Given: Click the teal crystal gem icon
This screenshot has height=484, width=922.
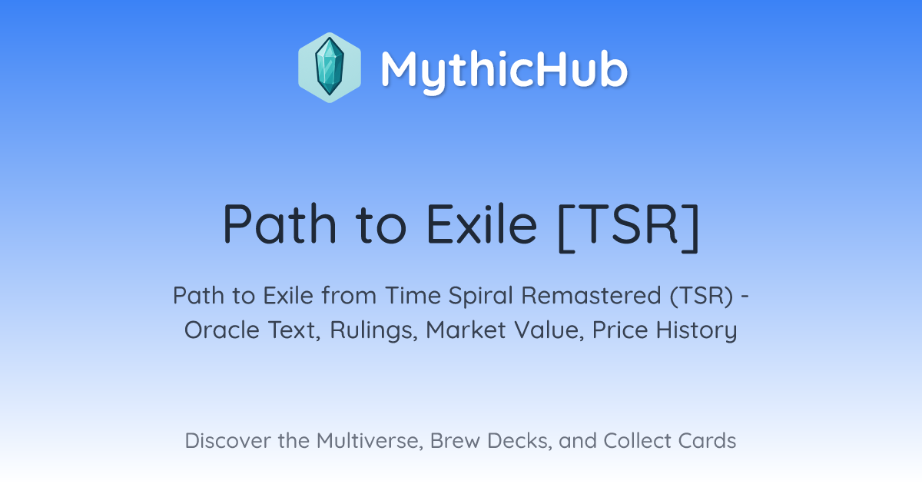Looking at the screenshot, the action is (x=330, y=67).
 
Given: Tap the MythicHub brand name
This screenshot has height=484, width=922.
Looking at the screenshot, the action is (x=504, y=70).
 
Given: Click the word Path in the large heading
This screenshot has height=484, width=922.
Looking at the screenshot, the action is (x=280, y=224).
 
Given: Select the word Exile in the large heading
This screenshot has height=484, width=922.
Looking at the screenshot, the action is (x=482, y=224).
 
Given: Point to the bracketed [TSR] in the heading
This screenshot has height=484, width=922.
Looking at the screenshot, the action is (x=628, y=227).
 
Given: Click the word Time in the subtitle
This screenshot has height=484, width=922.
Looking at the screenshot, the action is (x=413, y=296).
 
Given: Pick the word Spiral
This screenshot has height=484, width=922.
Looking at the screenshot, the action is (x=481, y=297).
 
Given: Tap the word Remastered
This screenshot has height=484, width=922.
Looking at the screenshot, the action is (x=591, y=296).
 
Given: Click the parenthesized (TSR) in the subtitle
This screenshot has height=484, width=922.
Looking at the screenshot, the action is (x=701, y=297).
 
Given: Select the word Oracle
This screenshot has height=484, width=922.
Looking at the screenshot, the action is (x=222, y=330).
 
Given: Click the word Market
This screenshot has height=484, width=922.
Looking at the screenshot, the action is (x=466, y=330).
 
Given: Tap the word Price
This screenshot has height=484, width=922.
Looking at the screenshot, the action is (x=620, y=330).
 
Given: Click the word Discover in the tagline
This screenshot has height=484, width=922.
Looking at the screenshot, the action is (x=227, y=441).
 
